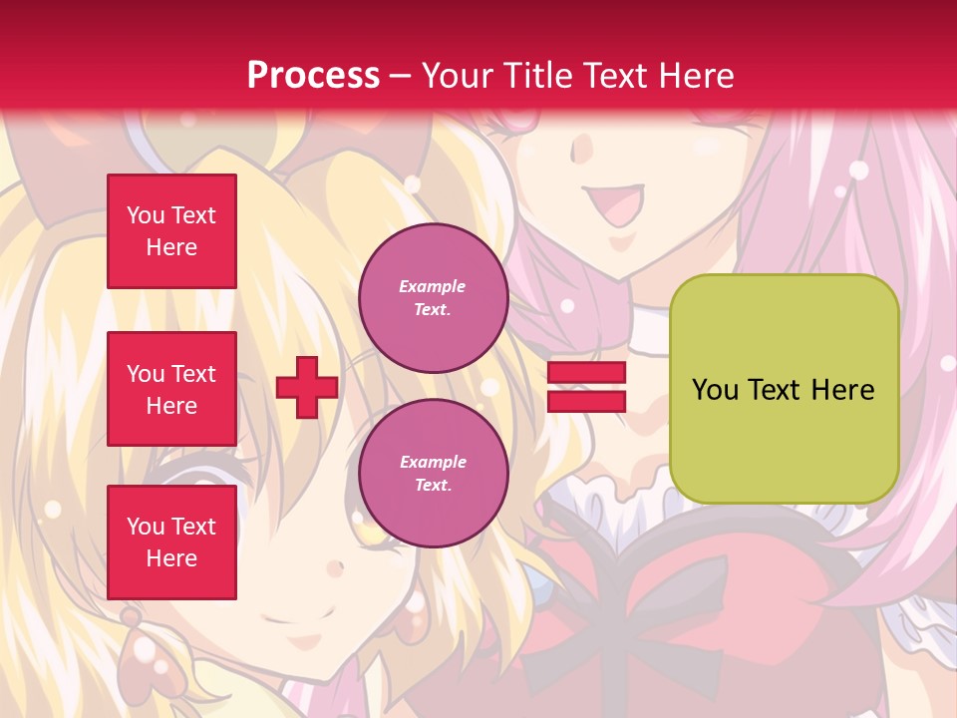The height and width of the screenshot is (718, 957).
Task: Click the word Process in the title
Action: click(313, 76)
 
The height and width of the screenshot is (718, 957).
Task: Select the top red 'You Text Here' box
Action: click(171, 231)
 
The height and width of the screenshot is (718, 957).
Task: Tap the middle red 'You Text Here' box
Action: click(171, 389)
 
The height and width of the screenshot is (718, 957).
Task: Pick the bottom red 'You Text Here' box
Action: click(171, 541)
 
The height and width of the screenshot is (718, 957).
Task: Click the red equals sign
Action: click(587, 388)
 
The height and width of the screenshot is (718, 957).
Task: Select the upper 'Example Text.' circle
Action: click(433, 298)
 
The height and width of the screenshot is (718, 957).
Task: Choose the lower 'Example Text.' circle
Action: click(433, 474)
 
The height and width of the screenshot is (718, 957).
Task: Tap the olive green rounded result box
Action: click(784, 389)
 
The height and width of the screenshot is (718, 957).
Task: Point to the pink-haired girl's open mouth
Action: click(616, 207)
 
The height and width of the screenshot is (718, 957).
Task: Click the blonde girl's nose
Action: click(336, 569)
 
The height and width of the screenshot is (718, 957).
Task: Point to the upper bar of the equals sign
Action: click(587, 373)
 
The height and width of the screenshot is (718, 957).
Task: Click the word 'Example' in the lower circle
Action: click(433, 463)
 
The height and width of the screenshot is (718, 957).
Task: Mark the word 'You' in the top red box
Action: click(146, 215)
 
